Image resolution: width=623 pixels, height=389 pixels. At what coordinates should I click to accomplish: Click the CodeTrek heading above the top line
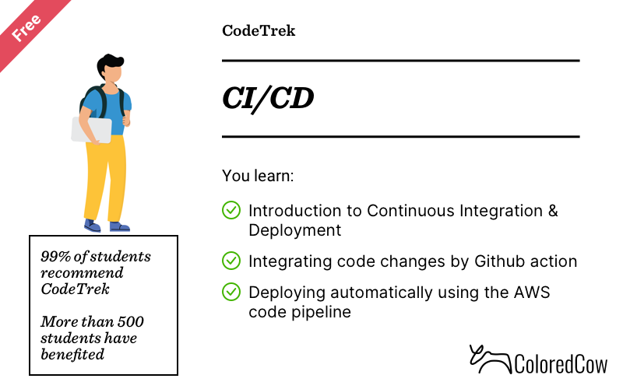coord(259,31)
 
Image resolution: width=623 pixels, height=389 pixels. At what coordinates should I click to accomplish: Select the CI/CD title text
coord(268,99)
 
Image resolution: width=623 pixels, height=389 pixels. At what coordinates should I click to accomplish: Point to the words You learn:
coord(258,176)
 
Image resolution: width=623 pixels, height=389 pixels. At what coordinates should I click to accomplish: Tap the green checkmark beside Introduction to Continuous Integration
coord(231,210)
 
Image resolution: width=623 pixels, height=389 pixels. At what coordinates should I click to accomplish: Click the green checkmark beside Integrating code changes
coord(231,261)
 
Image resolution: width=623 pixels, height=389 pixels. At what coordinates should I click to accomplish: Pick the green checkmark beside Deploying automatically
coord(231,292)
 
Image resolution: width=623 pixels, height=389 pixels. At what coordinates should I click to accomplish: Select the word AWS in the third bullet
coord(532,293)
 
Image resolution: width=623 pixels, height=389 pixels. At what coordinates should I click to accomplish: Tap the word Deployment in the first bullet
coord(295,230)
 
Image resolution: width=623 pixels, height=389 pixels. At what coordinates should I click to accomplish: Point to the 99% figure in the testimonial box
coord(55,257)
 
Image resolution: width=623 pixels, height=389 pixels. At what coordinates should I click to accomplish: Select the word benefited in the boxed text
coord(72,354)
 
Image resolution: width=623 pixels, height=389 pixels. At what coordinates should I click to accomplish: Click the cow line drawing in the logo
coord(491,359)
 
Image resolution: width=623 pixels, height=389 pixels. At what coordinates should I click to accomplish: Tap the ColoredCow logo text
coord(561,364)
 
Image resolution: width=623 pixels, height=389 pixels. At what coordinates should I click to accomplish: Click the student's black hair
coord(109,64)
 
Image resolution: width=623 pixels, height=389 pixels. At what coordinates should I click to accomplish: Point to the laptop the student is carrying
coord(91,130)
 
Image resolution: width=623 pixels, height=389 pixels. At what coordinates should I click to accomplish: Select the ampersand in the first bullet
coord(553,211)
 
